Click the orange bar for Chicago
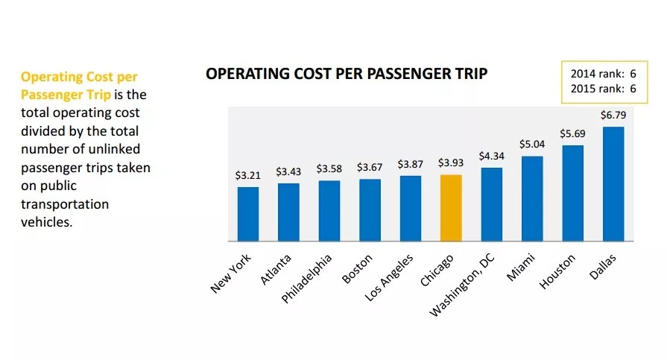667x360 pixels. pyautogui.click(x=451, y=208)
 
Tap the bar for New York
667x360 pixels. pyautogui.click(x=248, y=214)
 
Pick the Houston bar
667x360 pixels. pyautogui.click(x=572, y=193)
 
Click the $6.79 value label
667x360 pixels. pyautogui.click(x=613, y=116)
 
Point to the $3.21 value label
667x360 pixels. pyautogui.click(x=248, y=176)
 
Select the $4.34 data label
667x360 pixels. pyautogui.click(x=491, y=157)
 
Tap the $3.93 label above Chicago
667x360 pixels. pyautogui.click(x=451, y=163)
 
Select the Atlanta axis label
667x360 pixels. pyautogui.click(x=276, y=270)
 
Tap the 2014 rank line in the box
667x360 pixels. pyautogui.click(x=603, y=74)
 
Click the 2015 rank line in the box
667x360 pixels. pyautogui.click(x=603, y=89)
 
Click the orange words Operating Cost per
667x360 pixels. pyautogui.click(x=79, y=77)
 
